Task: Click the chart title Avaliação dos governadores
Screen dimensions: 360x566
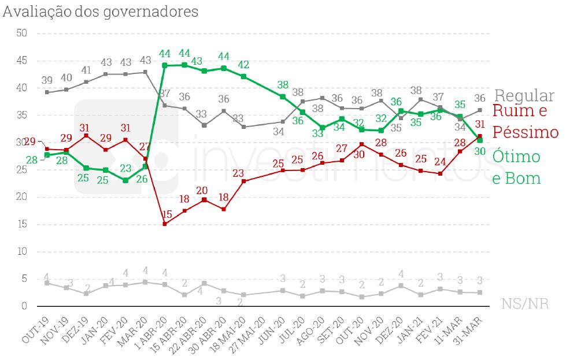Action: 101,12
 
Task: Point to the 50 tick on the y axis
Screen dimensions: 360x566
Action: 23,34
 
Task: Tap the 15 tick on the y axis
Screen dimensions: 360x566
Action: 23,225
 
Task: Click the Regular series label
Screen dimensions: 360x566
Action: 524,96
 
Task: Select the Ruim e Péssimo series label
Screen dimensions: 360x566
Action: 525,121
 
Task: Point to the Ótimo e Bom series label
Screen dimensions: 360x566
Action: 516,167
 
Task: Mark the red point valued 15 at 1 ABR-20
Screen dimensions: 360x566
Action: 165,224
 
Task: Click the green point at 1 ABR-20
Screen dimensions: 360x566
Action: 165,66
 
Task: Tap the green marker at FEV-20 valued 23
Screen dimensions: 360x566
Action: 125,180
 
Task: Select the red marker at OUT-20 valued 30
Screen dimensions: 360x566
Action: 361,144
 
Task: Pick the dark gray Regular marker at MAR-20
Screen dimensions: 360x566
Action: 145,72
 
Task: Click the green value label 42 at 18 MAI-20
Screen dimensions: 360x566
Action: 243,65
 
